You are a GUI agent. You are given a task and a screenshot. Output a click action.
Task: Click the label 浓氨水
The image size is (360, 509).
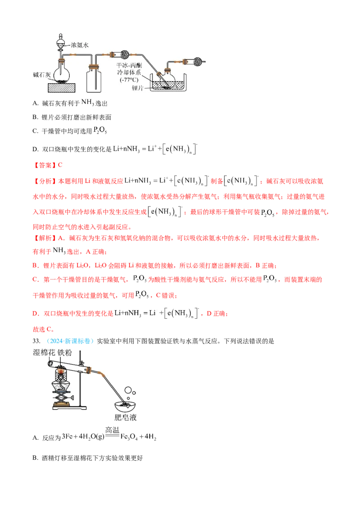point(81,45)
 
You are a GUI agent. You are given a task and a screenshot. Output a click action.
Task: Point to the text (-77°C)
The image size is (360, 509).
point(129,80)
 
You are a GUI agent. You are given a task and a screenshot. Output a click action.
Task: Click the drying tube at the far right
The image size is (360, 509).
point(196,60)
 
